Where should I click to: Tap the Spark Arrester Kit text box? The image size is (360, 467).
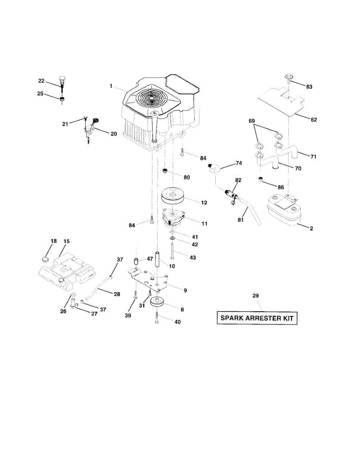pyautogui.click(x=257, y=318)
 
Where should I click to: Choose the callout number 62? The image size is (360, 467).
pyautogui.click(x=314, y=119)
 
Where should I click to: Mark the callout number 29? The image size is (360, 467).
pyautogui.click(x=255, y=296)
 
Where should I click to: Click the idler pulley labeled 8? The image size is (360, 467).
pyautogui.click(x=158, y=302)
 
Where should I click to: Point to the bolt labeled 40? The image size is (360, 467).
pyautogui.click(x=156, y=319)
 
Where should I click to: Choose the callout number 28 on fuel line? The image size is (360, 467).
pyautogui.click(x=117, y=294)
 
